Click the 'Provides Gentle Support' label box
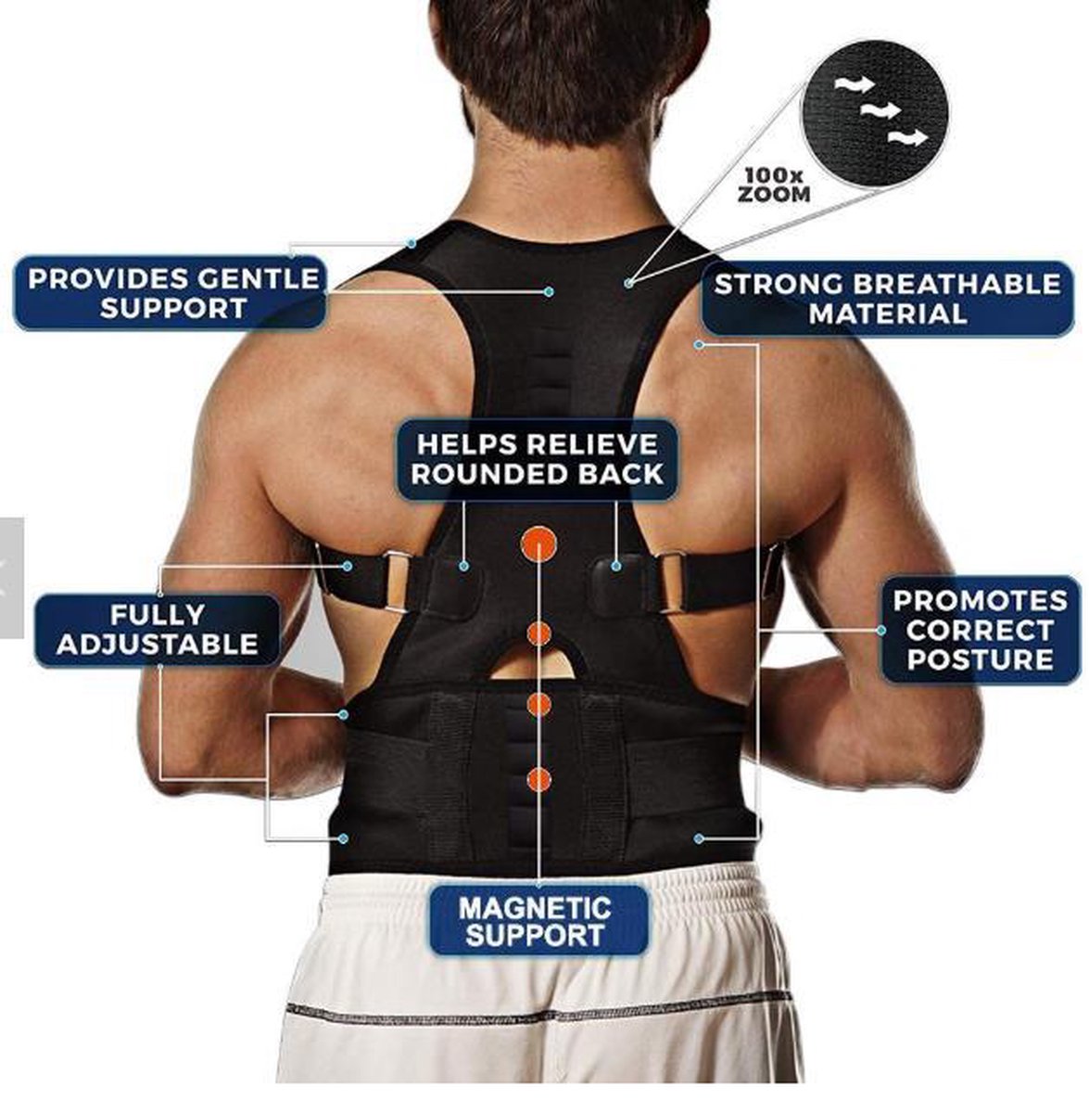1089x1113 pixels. tap(171, 293)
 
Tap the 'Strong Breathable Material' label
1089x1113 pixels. tap(887, 299)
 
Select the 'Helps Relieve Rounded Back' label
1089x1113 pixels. tap(537, 459)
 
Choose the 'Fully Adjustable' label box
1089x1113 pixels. tap(157, 630)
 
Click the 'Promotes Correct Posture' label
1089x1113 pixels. tap(980, 630)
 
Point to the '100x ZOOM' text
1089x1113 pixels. tap(774, 185)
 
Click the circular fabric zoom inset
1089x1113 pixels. tap(874, 114)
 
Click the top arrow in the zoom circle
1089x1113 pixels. tap(854, 85)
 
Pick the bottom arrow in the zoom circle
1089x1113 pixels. tap(907, 137)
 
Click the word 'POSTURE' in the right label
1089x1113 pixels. tap(980, 659)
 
